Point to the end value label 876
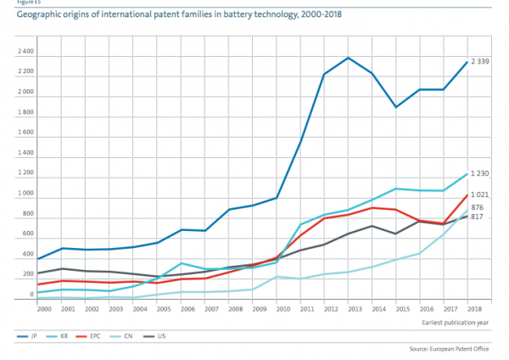478,207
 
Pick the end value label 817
478,217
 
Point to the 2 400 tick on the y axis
25,52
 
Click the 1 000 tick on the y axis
25,194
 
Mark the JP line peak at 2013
349,58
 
